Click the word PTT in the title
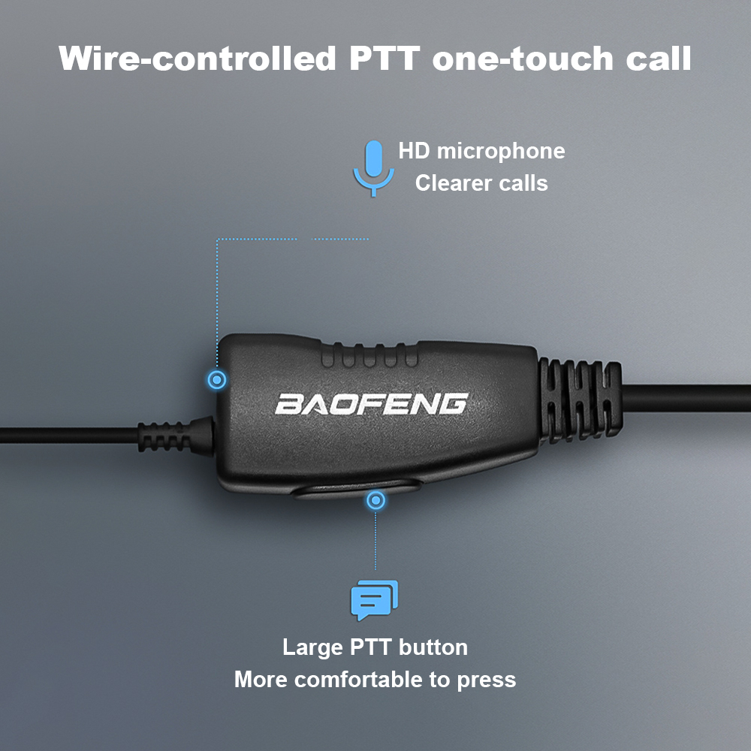384,59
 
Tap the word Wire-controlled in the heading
197,59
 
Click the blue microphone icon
373,168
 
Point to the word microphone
501,152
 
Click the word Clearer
451,183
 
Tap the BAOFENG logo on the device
372,404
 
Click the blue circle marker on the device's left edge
217,380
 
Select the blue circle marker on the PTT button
375,500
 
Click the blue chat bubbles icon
375,600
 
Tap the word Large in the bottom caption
312,647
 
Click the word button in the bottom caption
433,647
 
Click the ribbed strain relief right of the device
580,400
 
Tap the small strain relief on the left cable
176,436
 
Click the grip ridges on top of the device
369,355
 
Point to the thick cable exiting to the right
686,398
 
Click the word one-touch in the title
523,59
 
